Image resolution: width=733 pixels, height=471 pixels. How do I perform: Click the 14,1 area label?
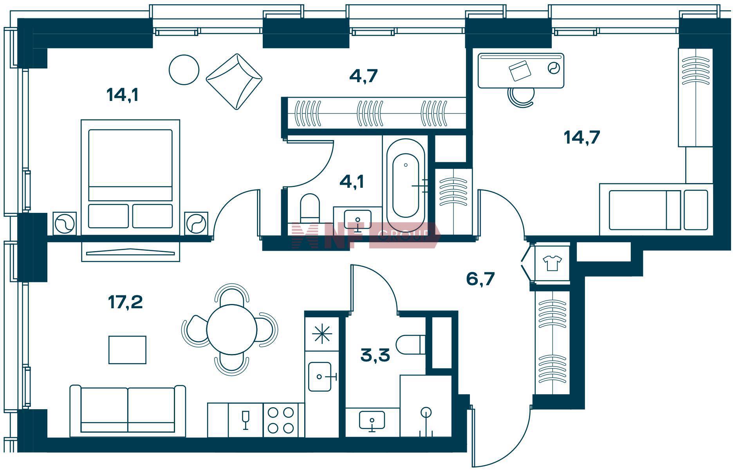[123, 95]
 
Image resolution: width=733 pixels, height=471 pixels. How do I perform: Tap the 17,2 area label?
[125, 302]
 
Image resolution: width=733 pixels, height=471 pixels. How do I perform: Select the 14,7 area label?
[582, 137]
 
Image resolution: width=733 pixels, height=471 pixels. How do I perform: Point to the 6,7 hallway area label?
[480, 279]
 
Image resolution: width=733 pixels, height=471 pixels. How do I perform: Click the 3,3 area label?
[375, 356]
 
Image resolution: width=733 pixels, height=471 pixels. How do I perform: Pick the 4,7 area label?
[363, 76]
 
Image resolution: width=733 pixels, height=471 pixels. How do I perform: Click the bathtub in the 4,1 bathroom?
[406, 184]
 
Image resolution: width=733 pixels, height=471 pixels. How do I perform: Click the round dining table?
[232, 329]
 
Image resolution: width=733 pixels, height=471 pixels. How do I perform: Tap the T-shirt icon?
[552, 263]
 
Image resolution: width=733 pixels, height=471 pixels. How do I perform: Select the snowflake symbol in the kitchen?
[321, 334]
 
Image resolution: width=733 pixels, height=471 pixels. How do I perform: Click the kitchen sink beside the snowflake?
[321, 377]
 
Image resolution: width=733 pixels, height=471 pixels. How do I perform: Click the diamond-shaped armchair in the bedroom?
[234, 81]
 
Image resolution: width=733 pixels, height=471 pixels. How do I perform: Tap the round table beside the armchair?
[184, 70]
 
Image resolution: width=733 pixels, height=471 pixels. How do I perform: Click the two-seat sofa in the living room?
[128, 411]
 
